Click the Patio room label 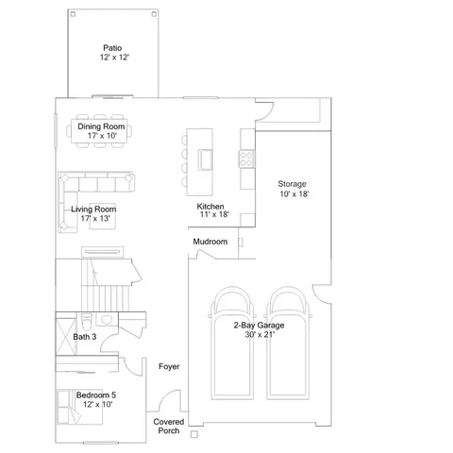(112, 48)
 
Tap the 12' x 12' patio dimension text (114, 58)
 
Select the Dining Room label (101, 126)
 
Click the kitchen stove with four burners (246, 159)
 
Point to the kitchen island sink (205, 159)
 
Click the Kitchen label (210, 207)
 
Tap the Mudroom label (210, 242)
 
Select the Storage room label (292, 184)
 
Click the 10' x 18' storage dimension (294, 193)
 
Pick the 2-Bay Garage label (259, 325)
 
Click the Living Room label (93, 210)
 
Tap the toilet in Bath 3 (87, 321)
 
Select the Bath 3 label (85, 337)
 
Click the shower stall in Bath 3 (66, 337)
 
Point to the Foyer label (169, 366)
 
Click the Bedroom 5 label (96, 394)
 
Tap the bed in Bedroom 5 (79, 407)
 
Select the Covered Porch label (169, 427)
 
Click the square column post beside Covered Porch (194, 434)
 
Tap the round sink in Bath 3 (107, 320)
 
